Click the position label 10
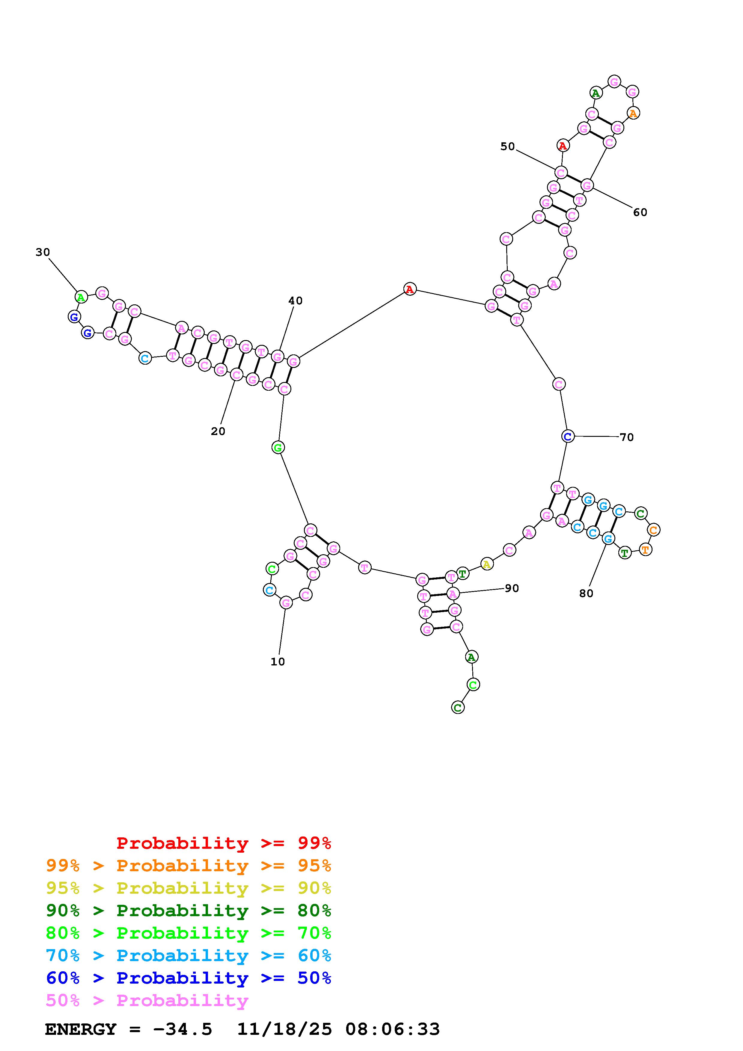pos(278,662)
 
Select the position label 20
pos(218,431)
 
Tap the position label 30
pos(43,252)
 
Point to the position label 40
pos(295,301)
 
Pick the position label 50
pos(507,147)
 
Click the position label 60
pos(640,212)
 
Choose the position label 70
pos(627,437)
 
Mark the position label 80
pos(586,593)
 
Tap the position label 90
pos(512,588)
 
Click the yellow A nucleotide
pos(487,564)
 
